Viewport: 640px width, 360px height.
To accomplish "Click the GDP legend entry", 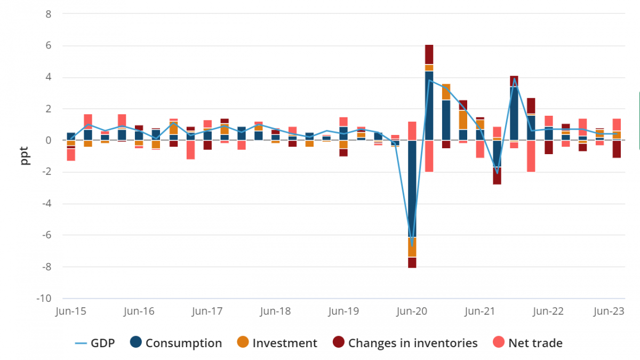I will click(x=94, y=343).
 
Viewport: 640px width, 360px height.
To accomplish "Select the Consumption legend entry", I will click(x=176, y=343).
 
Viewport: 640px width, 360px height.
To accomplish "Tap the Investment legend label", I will click(x=277, y=343).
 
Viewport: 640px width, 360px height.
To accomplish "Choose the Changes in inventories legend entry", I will click(x=405, y=343).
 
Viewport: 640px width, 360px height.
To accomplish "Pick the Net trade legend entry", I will click(x=527, y=343).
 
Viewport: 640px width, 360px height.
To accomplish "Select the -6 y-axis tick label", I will click(x=46, y=235).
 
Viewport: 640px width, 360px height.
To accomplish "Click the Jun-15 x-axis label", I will click(x=71, y=311).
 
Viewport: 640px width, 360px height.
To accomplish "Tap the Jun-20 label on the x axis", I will click(x=412, y=311).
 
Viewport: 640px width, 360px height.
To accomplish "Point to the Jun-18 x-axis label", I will click(x=276, y=311).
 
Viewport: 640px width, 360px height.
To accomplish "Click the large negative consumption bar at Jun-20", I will click(x=412, y=187).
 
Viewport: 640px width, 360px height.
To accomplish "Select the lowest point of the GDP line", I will click(x=412, y=245).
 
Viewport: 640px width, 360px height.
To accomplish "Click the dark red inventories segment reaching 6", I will click(x=429, y=54).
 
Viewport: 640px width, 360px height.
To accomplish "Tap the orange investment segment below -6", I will click(x=412, y=247).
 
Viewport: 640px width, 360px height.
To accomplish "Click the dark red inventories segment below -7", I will click(x=412, y=262).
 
